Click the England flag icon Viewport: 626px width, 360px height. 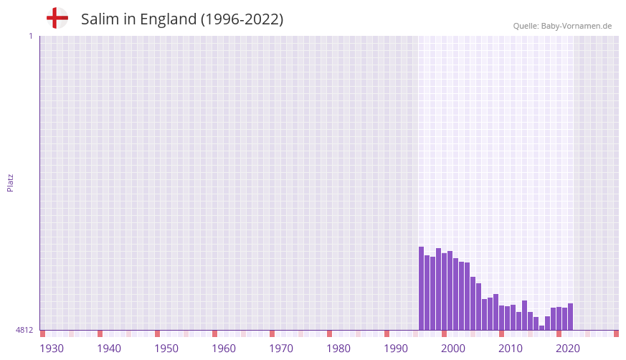pos(57,18)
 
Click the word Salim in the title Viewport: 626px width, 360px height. pos(100,19)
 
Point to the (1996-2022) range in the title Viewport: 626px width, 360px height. pos(242,19)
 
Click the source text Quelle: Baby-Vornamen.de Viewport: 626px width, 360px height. pos(562,26)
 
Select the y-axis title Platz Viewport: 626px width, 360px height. pos(10,182)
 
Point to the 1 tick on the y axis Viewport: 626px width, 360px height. pos(30,36)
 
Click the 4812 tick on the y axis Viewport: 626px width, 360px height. pos(24,330)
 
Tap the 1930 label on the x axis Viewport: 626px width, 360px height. pos(52,349)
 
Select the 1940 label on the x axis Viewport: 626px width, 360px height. pos(109,349)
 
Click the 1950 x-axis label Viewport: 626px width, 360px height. pos(166,349)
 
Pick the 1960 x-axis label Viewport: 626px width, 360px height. pos(224,349)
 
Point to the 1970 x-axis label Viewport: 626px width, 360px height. pos(281,349)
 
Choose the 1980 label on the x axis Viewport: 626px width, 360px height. pos(338,349)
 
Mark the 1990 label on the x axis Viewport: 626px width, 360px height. pos(396,349)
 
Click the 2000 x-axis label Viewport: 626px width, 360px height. pos(453,349)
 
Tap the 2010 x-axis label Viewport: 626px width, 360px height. pos(511,349)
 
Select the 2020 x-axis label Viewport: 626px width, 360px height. pos(568,349)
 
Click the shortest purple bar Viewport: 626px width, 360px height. pos(542,328)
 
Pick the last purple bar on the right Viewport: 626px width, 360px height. pos(570,317)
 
